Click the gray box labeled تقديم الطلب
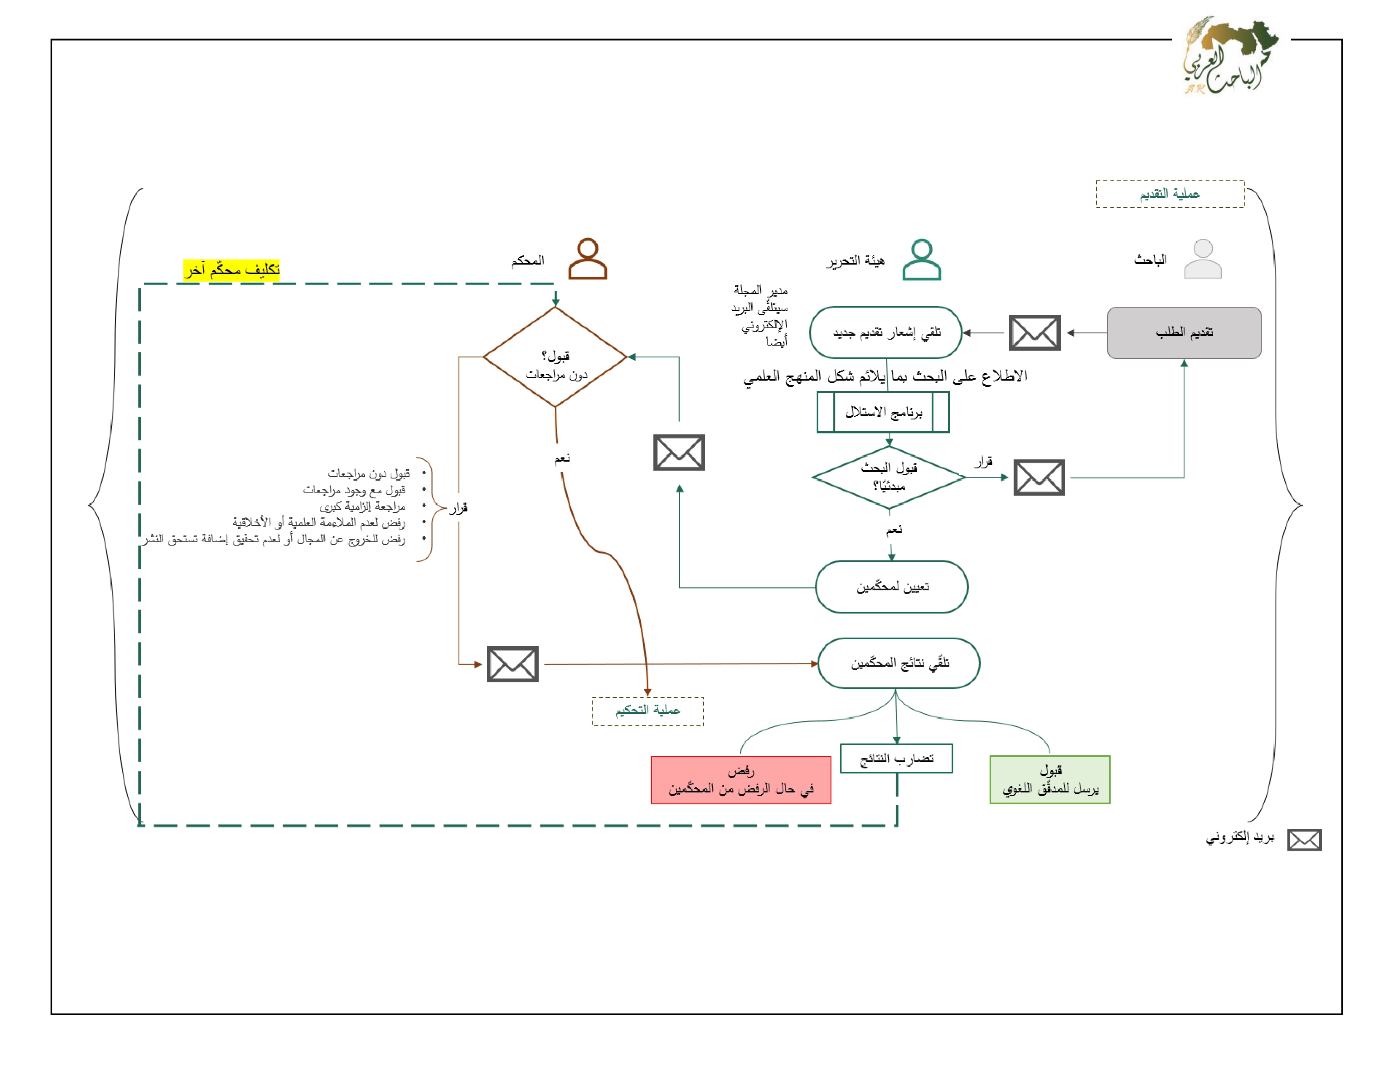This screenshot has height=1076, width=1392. coord(1184,333)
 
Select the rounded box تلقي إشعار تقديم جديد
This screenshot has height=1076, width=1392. coord(885,333)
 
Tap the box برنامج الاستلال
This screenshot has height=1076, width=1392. coord(883,412)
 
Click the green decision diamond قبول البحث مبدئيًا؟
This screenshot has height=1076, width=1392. coord(888,477)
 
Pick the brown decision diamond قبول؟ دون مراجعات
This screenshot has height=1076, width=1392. coord(555,357)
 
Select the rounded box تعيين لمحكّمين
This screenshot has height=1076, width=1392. coord(892,587)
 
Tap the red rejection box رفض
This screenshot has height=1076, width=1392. coord(741,780)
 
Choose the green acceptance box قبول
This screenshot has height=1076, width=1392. coord(1050,780)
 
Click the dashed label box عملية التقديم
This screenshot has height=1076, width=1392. coord(1170,194)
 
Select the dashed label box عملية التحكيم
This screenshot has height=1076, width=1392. coord(647,711)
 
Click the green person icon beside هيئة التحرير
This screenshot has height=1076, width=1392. coord(922,260)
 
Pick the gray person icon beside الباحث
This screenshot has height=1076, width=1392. coord(1203,259)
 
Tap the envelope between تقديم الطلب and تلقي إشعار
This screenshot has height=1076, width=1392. coord(1034,333)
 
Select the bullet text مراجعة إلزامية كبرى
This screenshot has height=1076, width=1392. coord(362,506)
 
